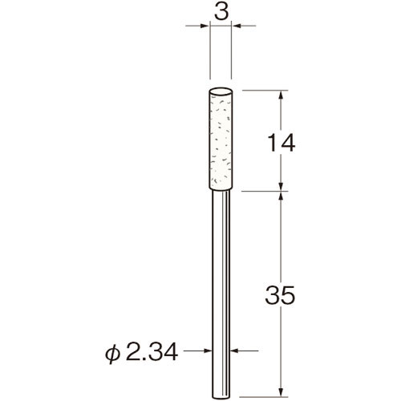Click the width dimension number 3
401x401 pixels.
pos(222,13)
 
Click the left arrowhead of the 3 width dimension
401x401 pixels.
pos(205,28)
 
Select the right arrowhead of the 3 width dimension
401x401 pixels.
pos(240,28)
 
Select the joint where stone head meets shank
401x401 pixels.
pos(223,191)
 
